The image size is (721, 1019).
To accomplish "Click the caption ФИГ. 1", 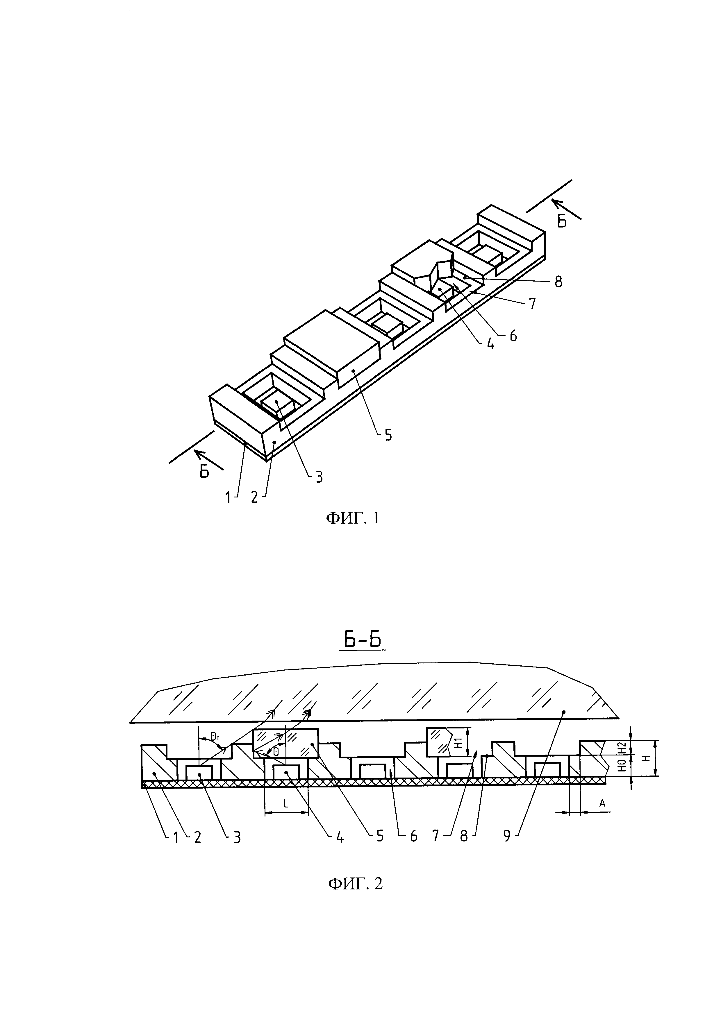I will click(x=353, y=518).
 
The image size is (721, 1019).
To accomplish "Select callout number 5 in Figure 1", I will click(x=388, y=435).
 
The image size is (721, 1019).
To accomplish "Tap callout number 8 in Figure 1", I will click(x=558, y=282).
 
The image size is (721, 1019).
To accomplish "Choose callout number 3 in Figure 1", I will click(x=319, y=477).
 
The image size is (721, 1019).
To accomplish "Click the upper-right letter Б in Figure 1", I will click(x=562, y=222).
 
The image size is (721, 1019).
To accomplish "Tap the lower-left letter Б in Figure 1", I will click(x=204, y=472).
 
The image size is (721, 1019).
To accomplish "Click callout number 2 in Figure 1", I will click(x=254, y=497).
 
